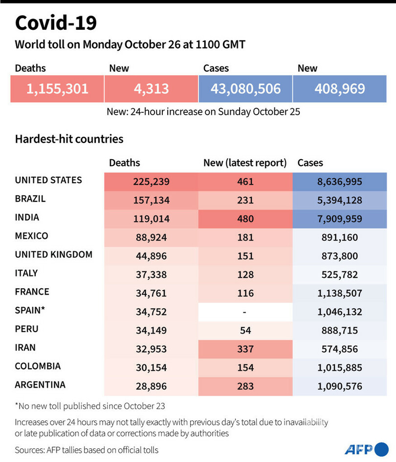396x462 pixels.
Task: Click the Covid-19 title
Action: click(56, 23)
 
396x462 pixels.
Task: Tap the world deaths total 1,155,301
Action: click(58, 89)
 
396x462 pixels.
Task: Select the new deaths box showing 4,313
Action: click(152, 89)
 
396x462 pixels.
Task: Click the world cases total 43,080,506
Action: click(245, 89)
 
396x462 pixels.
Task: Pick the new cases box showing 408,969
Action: click(340, 89)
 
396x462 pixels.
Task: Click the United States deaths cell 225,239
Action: click(151, 182)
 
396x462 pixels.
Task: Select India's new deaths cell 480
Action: click(245, 219)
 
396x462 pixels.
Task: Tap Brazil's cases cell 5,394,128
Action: click(340, 200)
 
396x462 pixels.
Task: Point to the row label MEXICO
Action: click(32, 236)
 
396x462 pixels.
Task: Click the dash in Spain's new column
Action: click(245, 312)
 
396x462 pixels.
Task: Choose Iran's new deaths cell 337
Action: click(245, 349)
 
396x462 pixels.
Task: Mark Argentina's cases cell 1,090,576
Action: click(340, 386)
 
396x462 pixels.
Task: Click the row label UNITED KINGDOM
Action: click(54, 254)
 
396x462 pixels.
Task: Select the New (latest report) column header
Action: click(244, 163)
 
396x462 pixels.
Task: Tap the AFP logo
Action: click(365, 449)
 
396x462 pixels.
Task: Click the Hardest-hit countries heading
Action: click(69, 139)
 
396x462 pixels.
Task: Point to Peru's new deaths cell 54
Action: click(245, 330)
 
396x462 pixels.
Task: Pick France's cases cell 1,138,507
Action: click(340, 293)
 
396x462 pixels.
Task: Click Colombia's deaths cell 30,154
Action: click(151, 367)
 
